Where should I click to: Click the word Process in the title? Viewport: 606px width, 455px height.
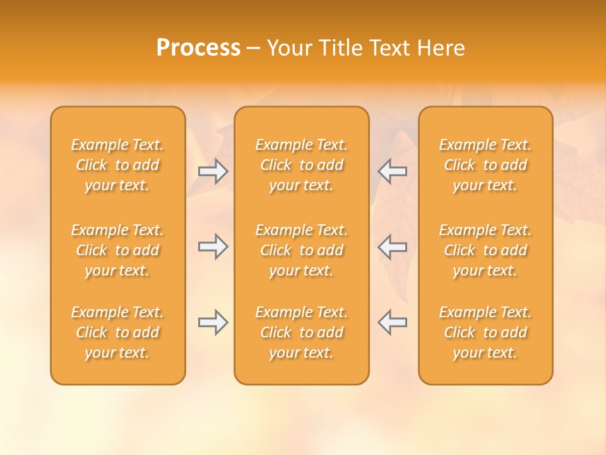(x=198, y=48)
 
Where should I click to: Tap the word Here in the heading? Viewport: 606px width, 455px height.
(x=442, y=48)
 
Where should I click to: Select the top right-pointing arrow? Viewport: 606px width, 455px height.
(x=213, y=171)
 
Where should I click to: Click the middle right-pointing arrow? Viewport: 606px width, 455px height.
(x=213, y=246)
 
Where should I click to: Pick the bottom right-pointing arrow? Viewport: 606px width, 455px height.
(x=213, y=322)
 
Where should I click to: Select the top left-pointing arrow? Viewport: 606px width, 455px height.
(x=393, y=171)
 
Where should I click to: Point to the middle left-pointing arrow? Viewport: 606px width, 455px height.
(x=393, y=246)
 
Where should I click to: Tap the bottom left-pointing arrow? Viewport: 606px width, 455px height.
(x=393, y=322)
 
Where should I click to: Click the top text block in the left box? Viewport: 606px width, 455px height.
(x=117, y=165)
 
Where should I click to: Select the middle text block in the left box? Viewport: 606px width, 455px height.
(x=117, y=250)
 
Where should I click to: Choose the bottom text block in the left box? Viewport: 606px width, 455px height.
(x=117, y=332)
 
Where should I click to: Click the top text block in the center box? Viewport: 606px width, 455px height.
(x=302, y=165)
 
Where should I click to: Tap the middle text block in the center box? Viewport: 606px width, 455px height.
(x=302, y=250)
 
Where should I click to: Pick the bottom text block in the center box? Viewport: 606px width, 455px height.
(x=302, y=332)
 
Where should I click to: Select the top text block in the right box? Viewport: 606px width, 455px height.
(x=485, y=165)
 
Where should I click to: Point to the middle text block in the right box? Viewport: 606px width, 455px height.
(x=485, y=250)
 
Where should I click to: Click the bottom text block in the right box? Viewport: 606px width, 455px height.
(x=485, y=332)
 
